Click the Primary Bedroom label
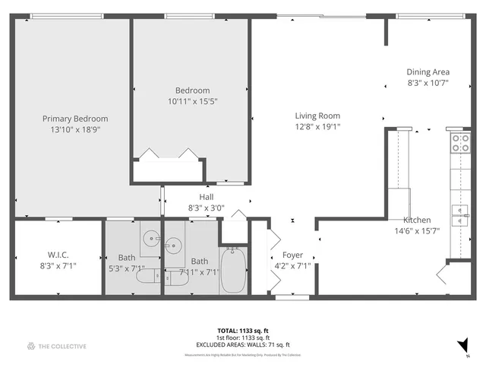click(74, 119)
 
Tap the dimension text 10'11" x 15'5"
click(192, 100)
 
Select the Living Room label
click(317, 116)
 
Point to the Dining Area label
click(428, 72)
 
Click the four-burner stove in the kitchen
click(459, 142)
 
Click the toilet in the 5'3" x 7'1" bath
click(147, 278)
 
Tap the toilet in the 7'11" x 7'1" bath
click(178, 278)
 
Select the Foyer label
click(292, 255)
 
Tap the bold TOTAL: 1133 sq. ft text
click(243, 331)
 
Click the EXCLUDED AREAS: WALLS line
click(243, 344)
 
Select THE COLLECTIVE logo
click(56, 346)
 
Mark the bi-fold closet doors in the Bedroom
click(167, 154)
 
